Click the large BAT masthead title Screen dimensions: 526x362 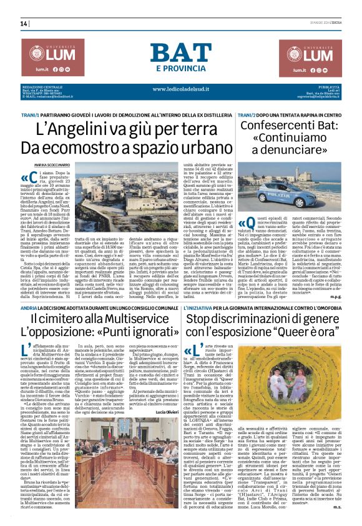click(x=180, y=54)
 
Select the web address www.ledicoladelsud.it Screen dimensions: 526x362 click(x=180, y=88)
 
